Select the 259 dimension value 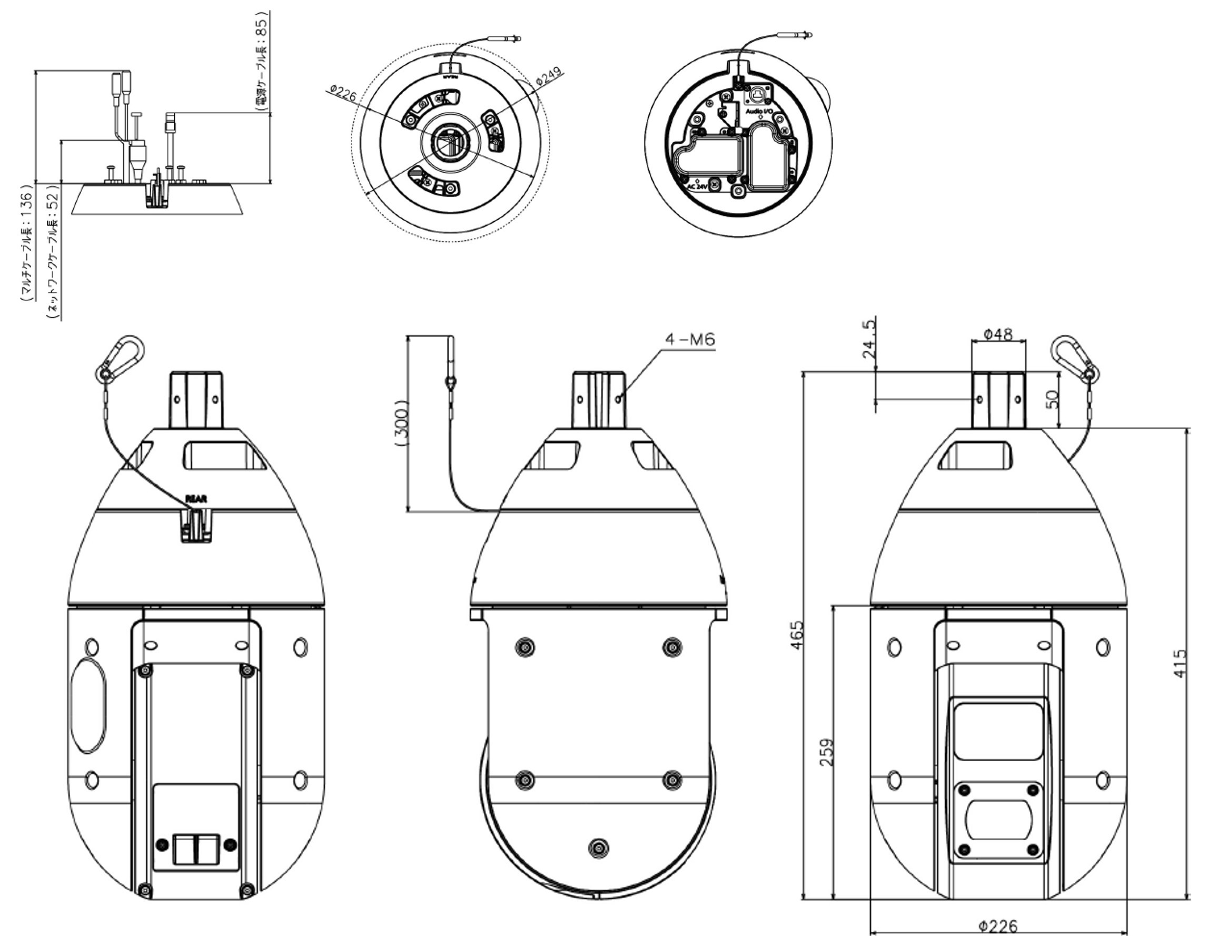click(x=826, y=752)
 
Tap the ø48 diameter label click(x=998, y=334)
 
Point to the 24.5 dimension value click(x=869, y=338)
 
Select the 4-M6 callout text click(x=690, y=340)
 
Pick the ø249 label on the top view click(x=549, y=76)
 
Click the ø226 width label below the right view click(x=997, y=925)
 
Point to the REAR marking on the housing click(x=196, y=499)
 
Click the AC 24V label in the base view click(x=698, y=187)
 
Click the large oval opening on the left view click(x=88, y=704)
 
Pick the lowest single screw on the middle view click(x=598, y=848)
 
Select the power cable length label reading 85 click(x=263, y=61)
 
